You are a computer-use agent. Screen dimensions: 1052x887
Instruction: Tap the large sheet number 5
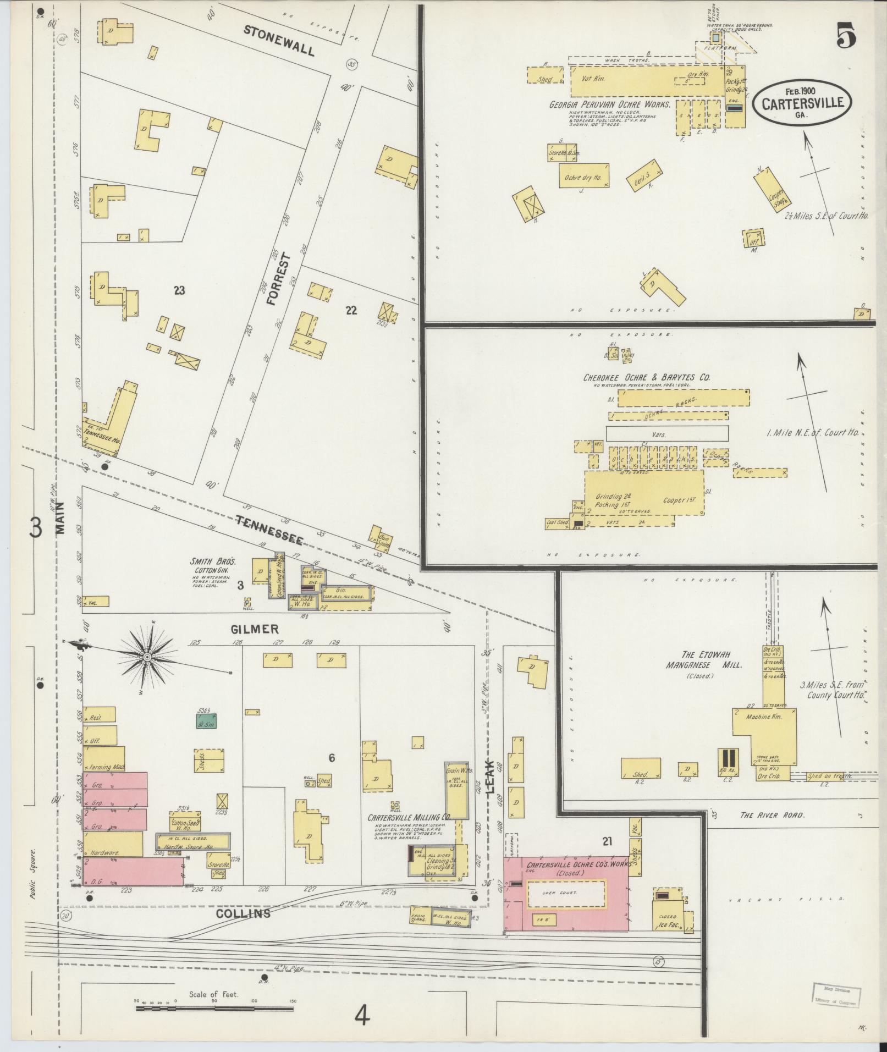(846, 37)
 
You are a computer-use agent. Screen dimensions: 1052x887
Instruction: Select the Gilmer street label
(255, 629)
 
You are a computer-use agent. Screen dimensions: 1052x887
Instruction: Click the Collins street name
(243, 913)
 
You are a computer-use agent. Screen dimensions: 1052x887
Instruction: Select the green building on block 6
(207, 721)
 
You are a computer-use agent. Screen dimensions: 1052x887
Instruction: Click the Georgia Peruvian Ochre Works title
(609, 104)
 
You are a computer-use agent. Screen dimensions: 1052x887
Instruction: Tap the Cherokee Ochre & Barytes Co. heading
(646, 378)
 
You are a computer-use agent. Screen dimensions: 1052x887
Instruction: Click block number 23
(179, 290)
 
